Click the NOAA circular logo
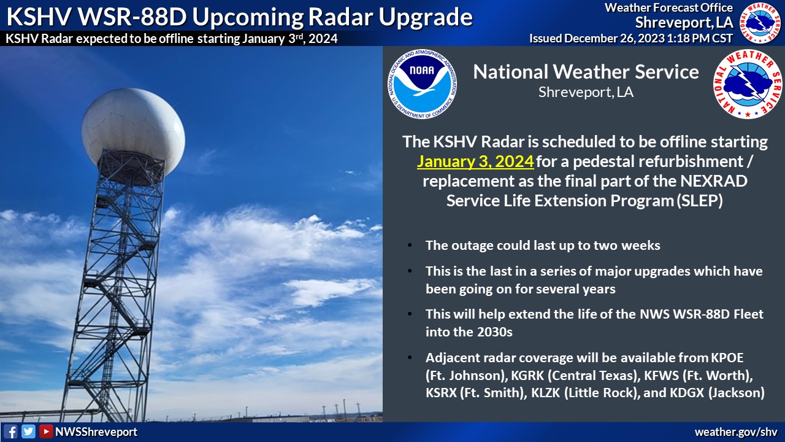coord(423,84)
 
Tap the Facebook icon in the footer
coord(11,432)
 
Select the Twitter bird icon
coord(28,432)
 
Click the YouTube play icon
coord(46,432)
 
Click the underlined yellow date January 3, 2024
coord(475,161)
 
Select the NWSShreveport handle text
coord(96,432)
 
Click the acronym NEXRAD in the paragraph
coord(714,181)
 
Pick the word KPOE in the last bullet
coord(727,357)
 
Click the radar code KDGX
coord(687,392)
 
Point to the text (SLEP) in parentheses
coord(700,201)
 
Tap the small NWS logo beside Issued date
coord(760,23)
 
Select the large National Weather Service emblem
coord(748,84)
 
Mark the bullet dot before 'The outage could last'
coord(410,245)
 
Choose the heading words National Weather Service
coord(586,72)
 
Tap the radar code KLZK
coord(546,392)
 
